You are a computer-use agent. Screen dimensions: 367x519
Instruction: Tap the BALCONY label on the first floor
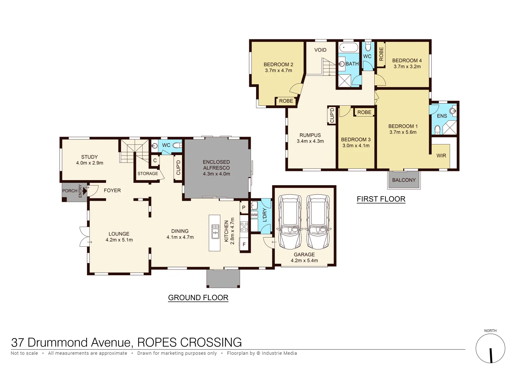[404, 180]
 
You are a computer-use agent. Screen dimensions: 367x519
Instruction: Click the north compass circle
[490, 349]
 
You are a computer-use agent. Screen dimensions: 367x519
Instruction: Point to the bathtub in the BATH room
[348, 47]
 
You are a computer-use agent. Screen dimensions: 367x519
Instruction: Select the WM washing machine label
[254, 215]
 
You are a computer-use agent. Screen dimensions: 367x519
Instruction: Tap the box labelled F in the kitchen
[244, 244]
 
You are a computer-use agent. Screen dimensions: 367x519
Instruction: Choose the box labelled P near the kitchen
[244, 208]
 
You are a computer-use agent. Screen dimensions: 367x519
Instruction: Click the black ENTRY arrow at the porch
[85, 191]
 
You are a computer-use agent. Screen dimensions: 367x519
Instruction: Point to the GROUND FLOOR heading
[198, 298]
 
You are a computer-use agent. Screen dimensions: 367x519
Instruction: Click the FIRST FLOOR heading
[381, 199]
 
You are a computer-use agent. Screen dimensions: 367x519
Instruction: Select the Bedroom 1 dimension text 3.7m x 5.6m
[403, 132]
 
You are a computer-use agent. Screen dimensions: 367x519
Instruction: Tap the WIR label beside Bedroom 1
[441, 156]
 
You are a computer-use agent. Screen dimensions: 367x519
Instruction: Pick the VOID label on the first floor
[320, 50]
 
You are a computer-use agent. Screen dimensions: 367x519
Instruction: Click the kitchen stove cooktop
[244, 227]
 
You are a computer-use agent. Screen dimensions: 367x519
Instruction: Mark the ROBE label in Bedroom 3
[364, 112]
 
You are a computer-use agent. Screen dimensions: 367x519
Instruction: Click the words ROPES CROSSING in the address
[189, 342]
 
